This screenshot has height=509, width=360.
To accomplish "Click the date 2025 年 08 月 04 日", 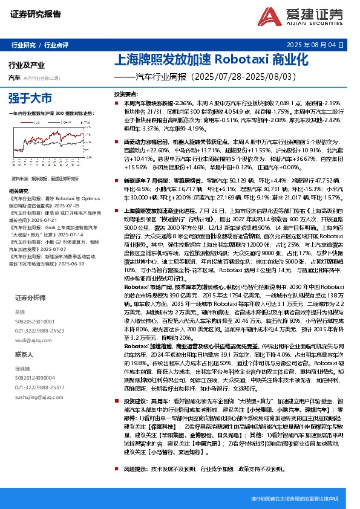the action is (324, 45).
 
